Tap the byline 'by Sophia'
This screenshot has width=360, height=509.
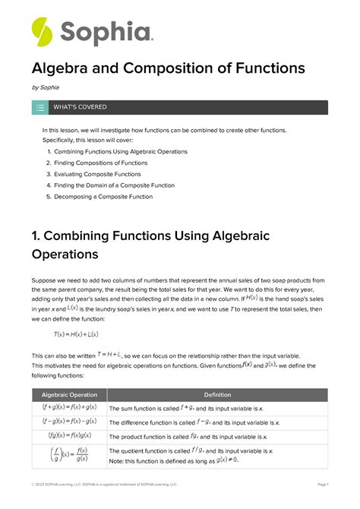[x=46, y=88]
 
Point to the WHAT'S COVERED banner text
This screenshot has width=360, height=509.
[x=80, y=107]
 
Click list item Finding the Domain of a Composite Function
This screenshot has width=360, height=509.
[x=114, y=185]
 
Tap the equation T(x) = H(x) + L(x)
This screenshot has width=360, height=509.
[x=76, y=334]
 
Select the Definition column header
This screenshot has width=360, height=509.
[x=218, y=395]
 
